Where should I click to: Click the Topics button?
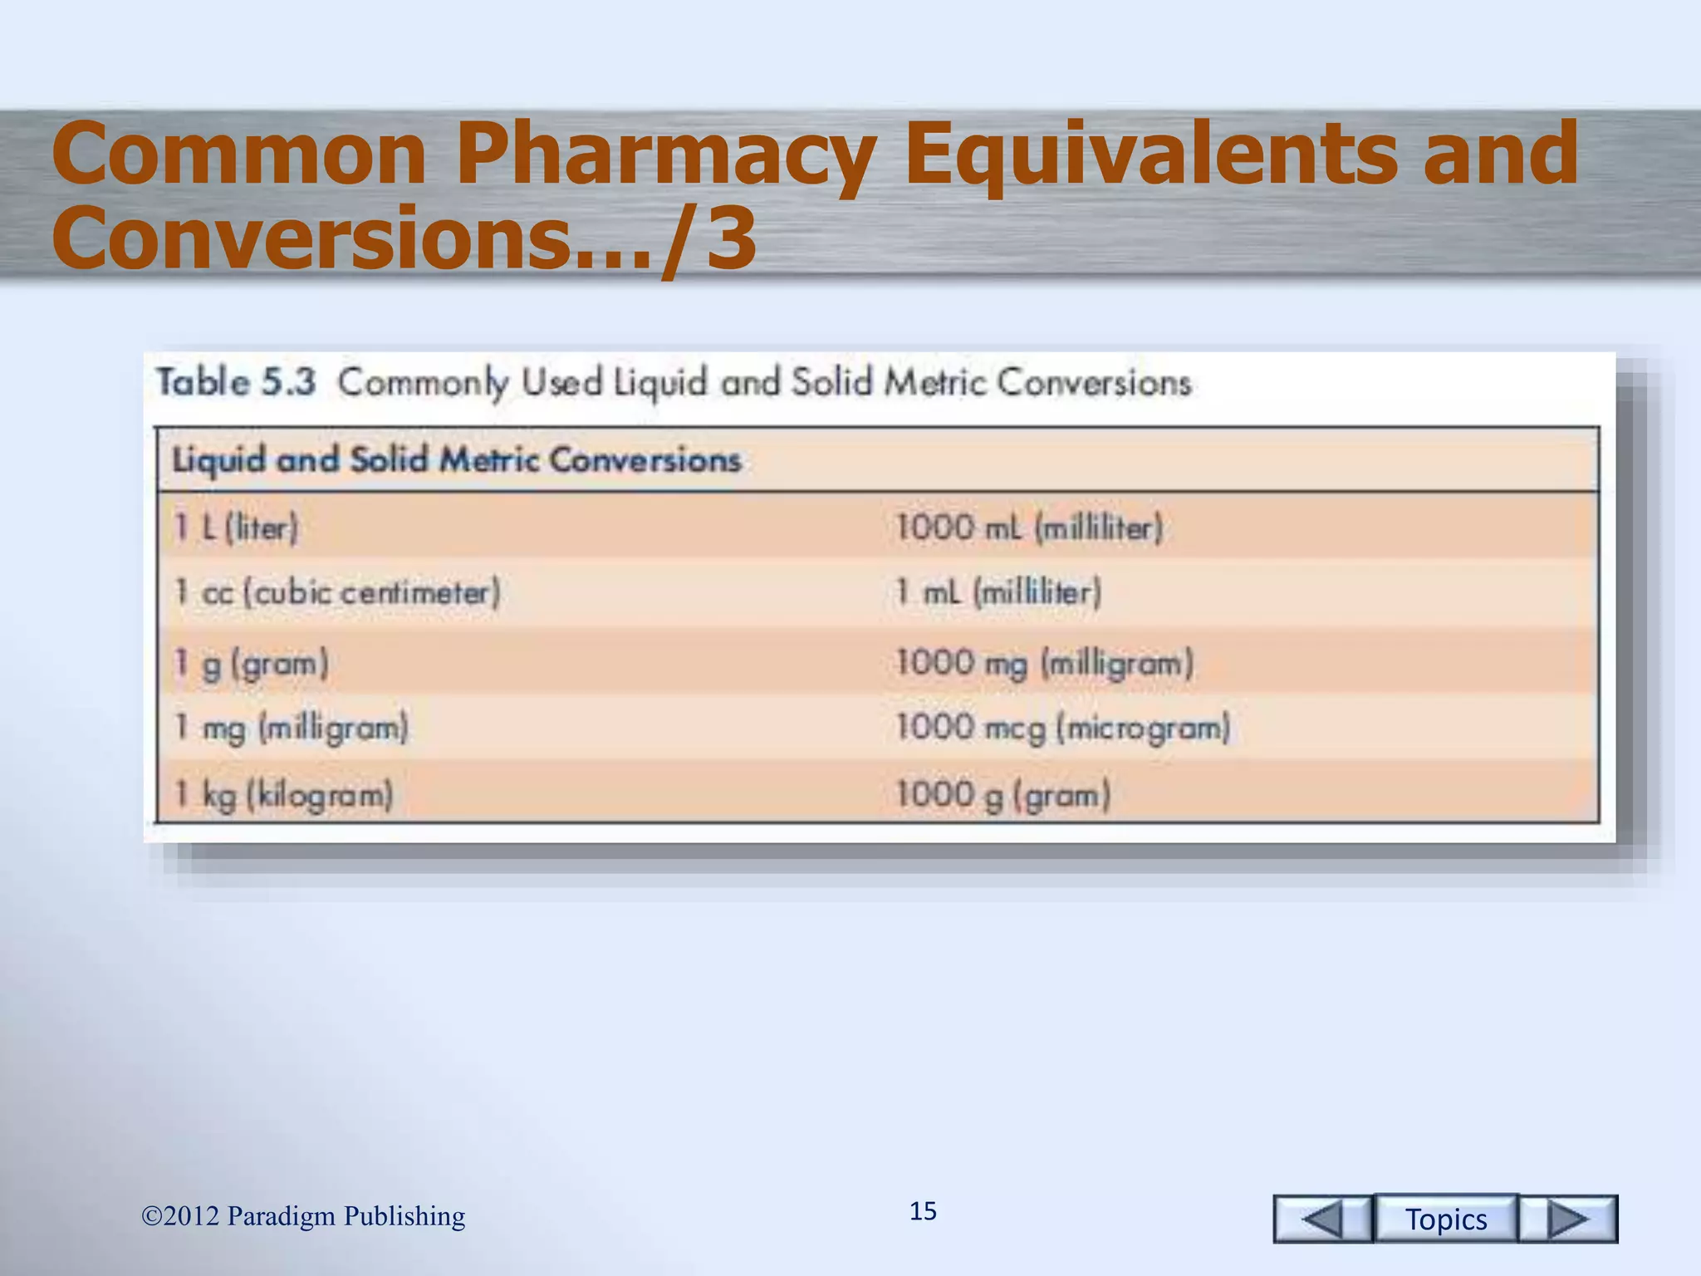(1446, 1219)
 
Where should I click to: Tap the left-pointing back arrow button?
(1322, 1219)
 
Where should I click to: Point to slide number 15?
(923, 1211)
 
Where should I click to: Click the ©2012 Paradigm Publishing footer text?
(303, 1216)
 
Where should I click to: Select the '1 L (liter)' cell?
(236, 528)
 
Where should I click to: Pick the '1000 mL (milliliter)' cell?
(1029, 528)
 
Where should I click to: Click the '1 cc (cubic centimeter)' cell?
(337, 593)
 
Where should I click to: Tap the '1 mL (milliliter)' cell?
(998, 593)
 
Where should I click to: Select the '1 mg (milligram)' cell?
(292, 729)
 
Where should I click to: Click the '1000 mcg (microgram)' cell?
(1062, 729)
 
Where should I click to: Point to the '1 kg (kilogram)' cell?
(283, 795)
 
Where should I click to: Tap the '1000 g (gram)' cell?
(1002, 795)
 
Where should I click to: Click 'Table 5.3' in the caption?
(237, 383)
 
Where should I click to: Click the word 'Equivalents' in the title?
(1151, 154)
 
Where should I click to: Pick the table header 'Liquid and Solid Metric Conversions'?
(456, 460)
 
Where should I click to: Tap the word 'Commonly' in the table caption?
(423, 383)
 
